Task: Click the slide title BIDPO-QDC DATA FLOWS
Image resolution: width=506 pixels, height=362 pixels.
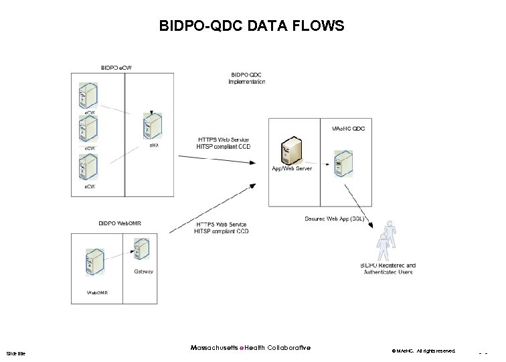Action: coord(252,26)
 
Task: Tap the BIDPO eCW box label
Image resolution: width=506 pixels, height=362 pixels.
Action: coord(116,67)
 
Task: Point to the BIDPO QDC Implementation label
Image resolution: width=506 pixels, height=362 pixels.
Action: coord(248,78)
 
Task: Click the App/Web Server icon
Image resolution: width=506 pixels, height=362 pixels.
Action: coord(289,149)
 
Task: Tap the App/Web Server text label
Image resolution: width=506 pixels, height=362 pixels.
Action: coord(291,168)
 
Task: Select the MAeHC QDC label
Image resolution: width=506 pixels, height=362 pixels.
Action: coord(348,127)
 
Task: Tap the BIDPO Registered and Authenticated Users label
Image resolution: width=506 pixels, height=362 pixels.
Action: coord(388,269)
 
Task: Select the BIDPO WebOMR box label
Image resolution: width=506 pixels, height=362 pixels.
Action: coord(120,223)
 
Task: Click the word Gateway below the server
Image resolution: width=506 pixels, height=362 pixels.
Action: coord(143,271)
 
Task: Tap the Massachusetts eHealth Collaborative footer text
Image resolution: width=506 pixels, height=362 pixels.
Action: coord(250,347)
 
